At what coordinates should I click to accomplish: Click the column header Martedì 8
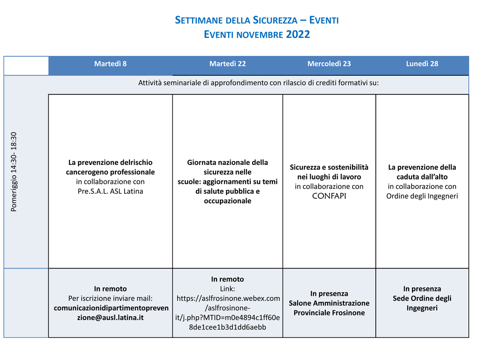(110, 64)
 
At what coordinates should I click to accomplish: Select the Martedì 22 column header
(227, 64)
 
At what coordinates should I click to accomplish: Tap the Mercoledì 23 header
(329, 64)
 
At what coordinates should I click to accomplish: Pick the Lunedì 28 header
(422, 64)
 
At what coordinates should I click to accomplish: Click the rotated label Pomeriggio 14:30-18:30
(14, 172)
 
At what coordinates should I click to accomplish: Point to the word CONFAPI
(329, 196)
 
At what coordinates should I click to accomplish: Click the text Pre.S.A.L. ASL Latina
(110, 191)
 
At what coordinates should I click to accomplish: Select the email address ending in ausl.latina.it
(110, 313)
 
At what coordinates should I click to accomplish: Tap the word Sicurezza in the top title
(275, 20)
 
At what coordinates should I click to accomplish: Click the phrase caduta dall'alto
(422, 177)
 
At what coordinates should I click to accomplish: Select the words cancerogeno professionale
(110, 172)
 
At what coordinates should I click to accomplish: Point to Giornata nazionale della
(227, 162)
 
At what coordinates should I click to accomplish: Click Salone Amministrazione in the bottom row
(329, 303)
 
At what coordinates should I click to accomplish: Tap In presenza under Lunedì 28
(422, 289)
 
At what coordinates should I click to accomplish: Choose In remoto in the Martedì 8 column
(110, 289)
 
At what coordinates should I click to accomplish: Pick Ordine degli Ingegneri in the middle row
(422, 196)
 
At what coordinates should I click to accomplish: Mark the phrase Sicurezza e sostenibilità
(329, 167)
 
